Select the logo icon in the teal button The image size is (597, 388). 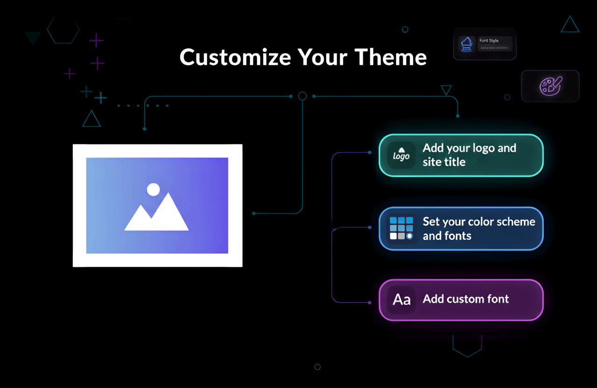401,155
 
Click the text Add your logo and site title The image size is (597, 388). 469,155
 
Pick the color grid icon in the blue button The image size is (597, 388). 401,228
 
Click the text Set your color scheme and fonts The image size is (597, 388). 479,229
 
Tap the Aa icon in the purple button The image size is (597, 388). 401,299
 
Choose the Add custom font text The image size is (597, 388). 465,299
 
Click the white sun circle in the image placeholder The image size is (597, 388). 153,189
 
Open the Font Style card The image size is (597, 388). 485,44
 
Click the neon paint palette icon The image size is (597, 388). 550,86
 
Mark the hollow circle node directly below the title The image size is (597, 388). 302,96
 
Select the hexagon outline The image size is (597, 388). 63,30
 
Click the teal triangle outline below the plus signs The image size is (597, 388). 91,119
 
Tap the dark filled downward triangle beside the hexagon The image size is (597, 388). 33,37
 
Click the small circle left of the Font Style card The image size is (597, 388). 405,29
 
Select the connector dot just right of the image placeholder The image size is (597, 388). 254,213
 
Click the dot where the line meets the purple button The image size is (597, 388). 370,303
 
